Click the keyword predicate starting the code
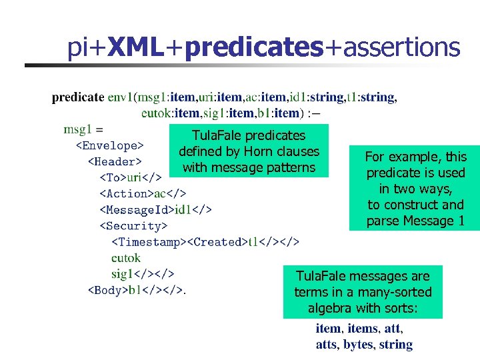78,98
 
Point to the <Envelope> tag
109,145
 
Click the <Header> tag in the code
115,161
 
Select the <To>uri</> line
131,177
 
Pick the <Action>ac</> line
143,193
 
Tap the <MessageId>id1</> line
155,210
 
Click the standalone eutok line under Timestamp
125,257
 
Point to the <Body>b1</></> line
137,290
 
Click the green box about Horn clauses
249,151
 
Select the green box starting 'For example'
415,189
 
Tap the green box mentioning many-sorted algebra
363,292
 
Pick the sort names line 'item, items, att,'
359,329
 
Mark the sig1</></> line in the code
143,273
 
